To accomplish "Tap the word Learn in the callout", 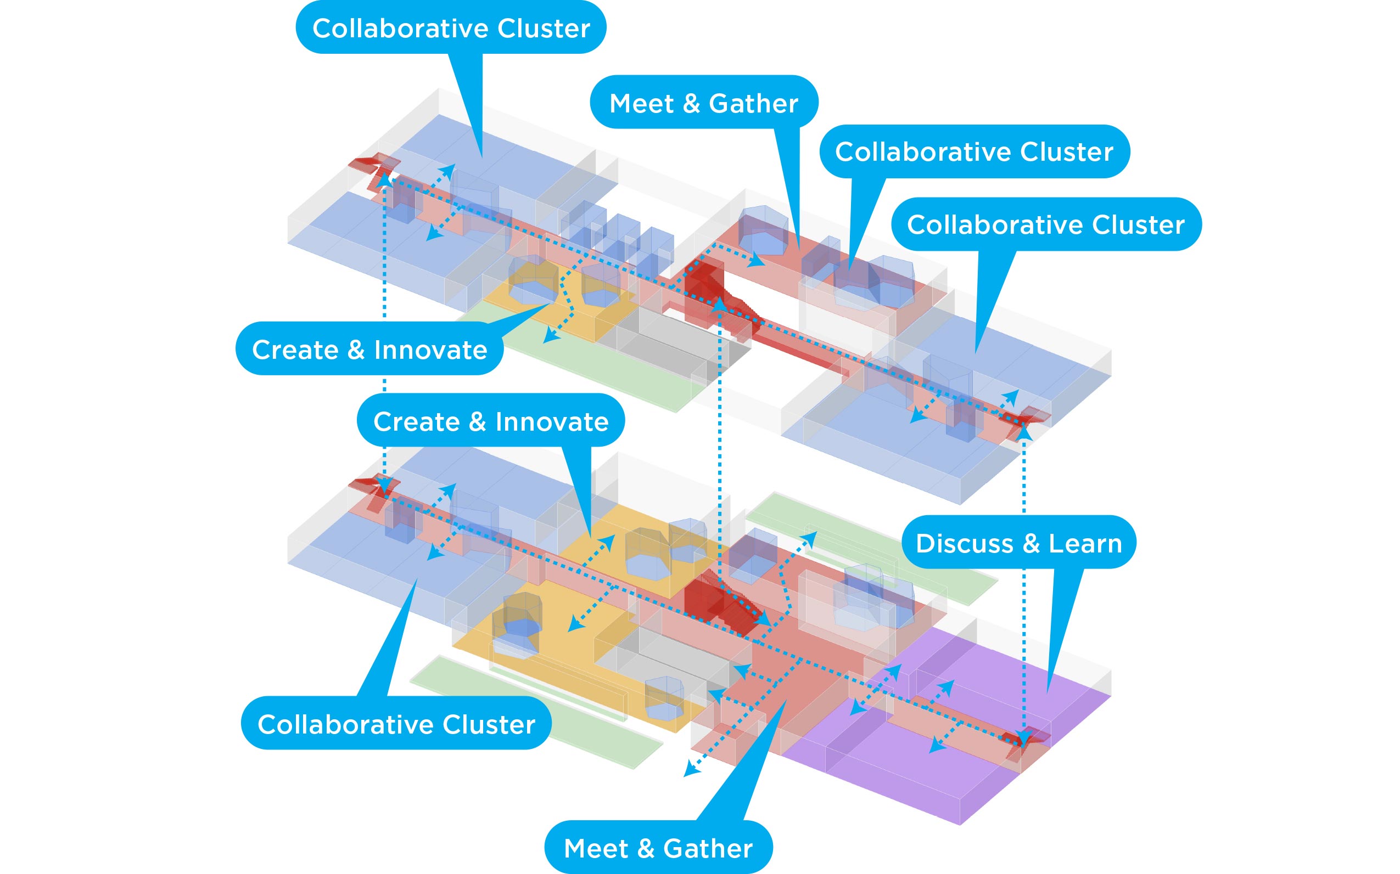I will tap(1085, 543).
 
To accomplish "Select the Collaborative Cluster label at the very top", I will tap(451, 28).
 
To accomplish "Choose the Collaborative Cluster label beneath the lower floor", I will tap(396, 724).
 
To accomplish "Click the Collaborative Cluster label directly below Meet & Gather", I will tap(975, 151).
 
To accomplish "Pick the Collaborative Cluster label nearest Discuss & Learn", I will tap(1045, 224).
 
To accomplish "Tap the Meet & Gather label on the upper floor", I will tap(703, 103).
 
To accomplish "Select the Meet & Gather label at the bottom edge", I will tap(658, 848).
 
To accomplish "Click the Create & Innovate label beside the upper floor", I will tap(369, 349).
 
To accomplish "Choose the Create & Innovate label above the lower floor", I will tap(490, 421).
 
